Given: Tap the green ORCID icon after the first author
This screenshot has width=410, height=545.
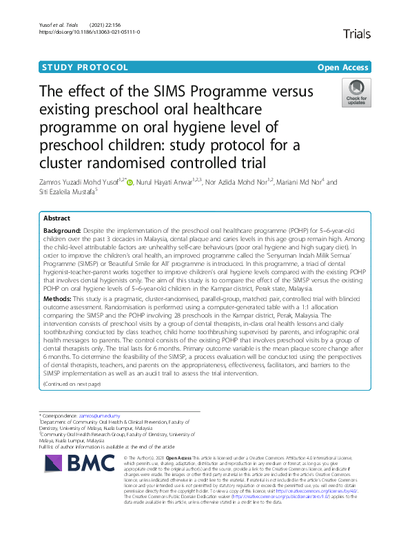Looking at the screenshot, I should pos(128,183).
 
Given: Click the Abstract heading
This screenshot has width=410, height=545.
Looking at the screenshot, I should pos(57,218).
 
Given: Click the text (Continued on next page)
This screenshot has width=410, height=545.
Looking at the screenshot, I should pos(72,383).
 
